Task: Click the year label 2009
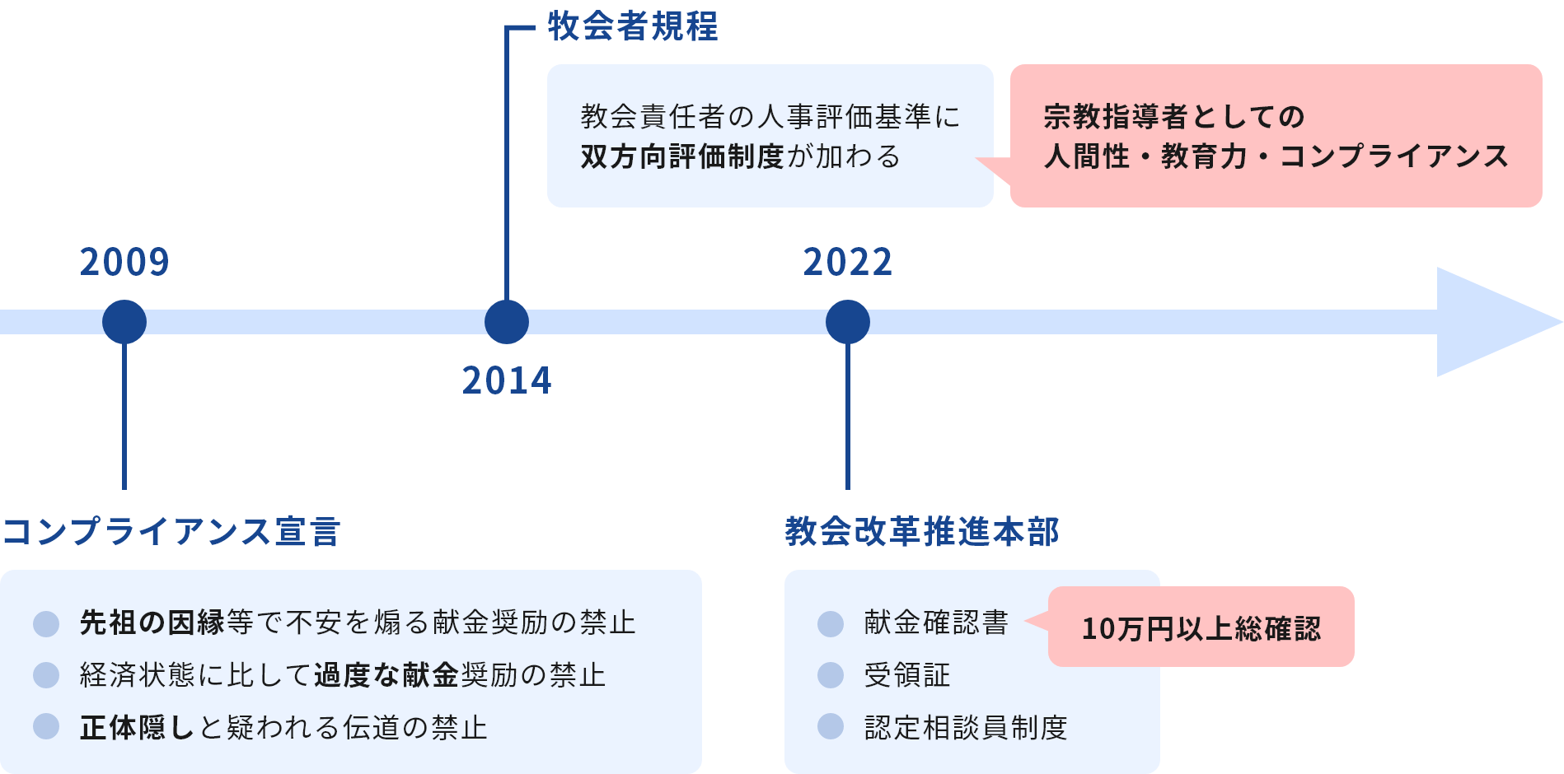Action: pyautogui.click(x=124, y=263)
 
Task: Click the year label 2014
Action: pyautogui.click(x=506, y=380)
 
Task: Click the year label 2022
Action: pyautogui.click(x=848, y=263)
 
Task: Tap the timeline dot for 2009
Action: pyautogui.click(x=124, y=322)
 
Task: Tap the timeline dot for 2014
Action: pyautogui.click(x=506, y=322)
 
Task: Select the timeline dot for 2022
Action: pyautogui.click(x=848, y=322)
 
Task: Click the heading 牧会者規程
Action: pyautogui.click(x=633, y=27)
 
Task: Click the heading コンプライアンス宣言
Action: pyautogui.click(x=171, y=532)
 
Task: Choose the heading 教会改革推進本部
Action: pyautogui.click(x=921, y=532)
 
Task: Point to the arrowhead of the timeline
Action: pyautogui.click(x=1491, y=322)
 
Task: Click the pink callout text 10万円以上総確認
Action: pyautogui.click(x=1201, y=629)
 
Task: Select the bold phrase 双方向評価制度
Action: pyautogui.click(x=681, y=156)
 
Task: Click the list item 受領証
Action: pyautogui.click(x=906, y=675)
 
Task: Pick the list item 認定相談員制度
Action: pyautogui.click(x=965, y=728)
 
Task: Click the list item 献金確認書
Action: pyautogui.click(x=936, y=622)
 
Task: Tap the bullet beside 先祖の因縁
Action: pyautogui.click(x=46, y=623)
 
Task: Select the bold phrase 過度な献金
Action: pyautogui.click(x=386, y=675)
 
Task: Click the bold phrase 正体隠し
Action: pyautogui.click(x=138, y=728)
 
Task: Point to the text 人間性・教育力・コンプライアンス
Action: pyautogui.click(x=1276, y=156)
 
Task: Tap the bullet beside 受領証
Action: pyautogui.click(x=831, y=675)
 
